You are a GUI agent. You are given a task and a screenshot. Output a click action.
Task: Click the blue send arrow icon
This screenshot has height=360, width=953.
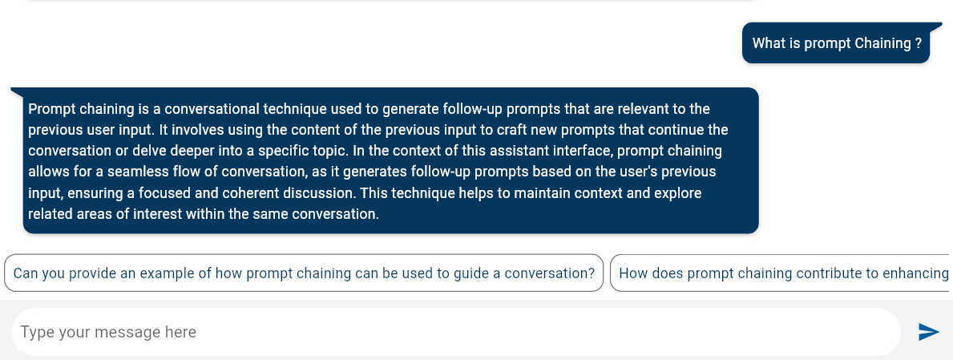coord(928,332)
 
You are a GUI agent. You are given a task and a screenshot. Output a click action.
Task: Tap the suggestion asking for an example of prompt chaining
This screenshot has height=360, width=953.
coord(304,273)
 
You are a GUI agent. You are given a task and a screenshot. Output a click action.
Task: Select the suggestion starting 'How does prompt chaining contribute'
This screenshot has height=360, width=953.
coord(781,273)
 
